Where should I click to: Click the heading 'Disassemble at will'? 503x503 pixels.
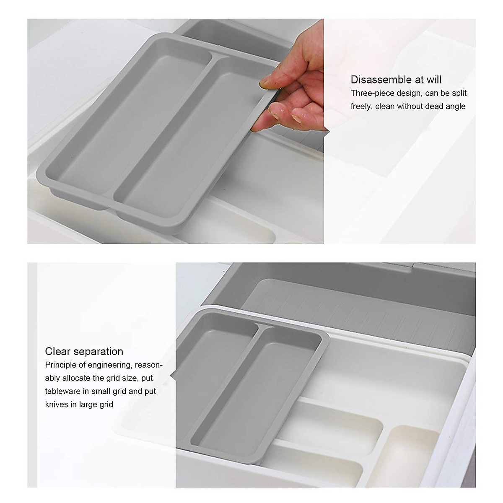pos(396,80)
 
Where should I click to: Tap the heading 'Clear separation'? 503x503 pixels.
pos(84,351)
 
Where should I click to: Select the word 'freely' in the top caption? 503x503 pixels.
pos(361,106)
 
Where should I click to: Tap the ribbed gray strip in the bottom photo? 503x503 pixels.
pos(377,310)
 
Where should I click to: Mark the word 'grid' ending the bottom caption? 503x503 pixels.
pos(105,404)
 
